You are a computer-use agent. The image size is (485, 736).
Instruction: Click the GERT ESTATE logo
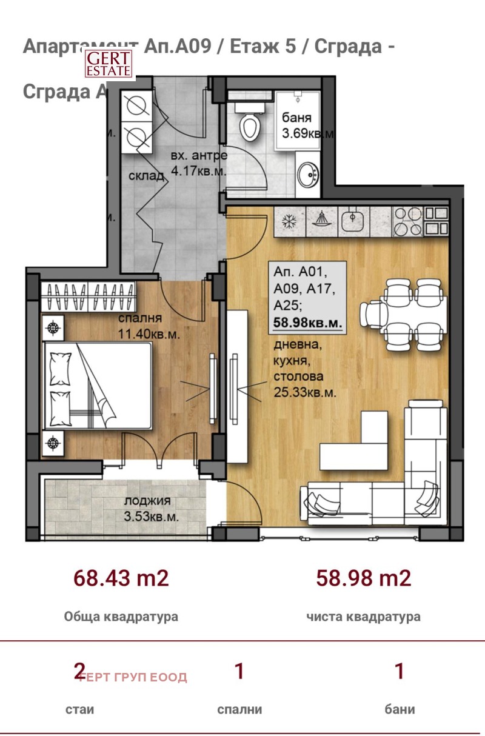pos(108,64)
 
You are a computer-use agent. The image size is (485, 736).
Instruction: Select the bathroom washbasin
pos(307,176)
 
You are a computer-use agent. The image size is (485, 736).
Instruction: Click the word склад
pos(146,176)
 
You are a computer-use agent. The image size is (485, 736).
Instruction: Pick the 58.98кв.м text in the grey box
pos(307,323)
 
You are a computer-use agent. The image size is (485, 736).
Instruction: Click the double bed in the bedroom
pos(97,386)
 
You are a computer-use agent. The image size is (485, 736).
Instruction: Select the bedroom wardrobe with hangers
pos(88,297)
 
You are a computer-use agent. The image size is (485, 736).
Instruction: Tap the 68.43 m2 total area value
pos(121,578)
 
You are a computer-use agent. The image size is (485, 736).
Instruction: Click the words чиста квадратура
pos(363,617)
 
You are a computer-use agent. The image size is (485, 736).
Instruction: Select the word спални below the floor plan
pos(239,709)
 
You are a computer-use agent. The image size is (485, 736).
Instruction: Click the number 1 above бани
pos(399,672)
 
